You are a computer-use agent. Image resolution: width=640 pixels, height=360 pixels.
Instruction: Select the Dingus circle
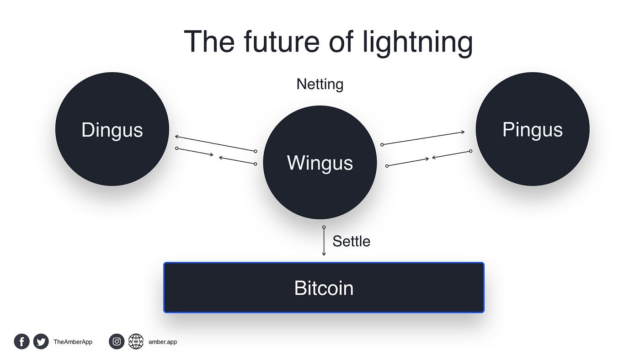[112, 129]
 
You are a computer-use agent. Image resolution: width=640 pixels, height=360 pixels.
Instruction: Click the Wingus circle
[320, 163]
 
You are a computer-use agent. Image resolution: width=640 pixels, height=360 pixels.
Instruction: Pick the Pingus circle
[532, 129]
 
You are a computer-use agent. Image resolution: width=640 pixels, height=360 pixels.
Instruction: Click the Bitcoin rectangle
[324, 288]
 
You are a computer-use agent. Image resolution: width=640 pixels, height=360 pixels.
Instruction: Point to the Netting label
[320, 84]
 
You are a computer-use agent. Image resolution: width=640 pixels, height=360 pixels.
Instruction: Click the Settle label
[351, 241]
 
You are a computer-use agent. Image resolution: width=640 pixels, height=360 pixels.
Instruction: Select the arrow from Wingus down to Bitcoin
[324, 242]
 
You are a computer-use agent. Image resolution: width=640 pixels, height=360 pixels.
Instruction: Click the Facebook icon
[21, 341]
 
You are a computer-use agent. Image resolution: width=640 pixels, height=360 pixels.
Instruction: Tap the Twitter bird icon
[41, 341]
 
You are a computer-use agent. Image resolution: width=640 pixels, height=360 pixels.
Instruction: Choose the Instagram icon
[117, 341]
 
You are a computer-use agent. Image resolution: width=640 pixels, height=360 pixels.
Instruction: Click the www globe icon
[136, 341]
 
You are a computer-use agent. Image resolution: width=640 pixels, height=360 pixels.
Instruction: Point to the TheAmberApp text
[73, 342]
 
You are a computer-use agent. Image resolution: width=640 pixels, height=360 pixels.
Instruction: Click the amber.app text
[163, 342]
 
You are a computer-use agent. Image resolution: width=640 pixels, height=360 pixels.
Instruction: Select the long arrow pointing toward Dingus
[215, 143]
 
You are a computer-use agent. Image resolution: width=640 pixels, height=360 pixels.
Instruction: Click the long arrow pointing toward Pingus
[423, 138]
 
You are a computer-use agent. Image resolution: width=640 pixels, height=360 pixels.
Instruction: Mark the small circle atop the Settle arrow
[324, 227]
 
